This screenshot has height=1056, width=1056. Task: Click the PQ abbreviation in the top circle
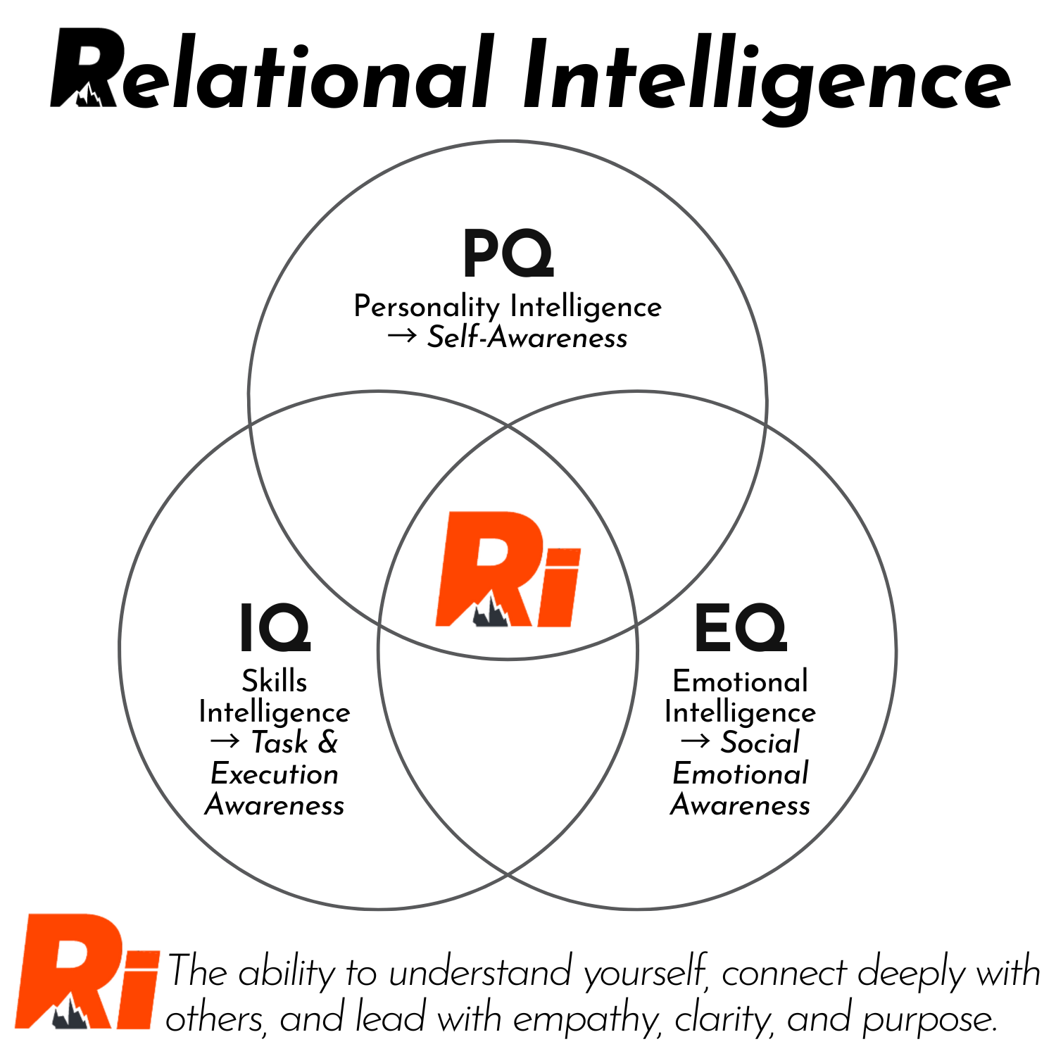coord(508,255)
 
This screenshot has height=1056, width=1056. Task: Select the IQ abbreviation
coord(275,628)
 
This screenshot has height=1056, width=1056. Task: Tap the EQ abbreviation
coord(740,628)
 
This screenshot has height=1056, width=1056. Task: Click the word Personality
coord(427,307)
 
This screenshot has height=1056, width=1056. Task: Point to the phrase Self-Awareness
coord(527,338)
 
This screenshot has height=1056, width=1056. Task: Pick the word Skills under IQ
coord(275,681)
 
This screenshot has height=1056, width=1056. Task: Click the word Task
coord(280,743)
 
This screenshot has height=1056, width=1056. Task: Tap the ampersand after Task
coord(327,743)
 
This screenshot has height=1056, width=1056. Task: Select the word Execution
coord(275,774)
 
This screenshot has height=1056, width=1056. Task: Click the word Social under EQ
coord(760,743)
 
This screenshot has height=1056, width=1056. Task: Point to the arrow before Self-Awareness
coord(402,337)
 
